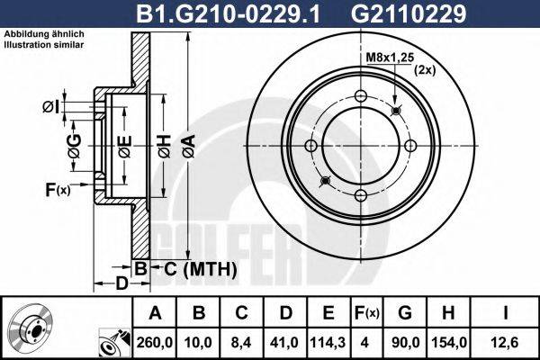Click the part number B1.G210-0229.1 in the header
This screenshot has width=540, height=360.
click(x=216, y=13)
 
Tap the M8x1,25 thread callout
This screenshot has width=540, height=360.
click(x=390, y=57)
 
